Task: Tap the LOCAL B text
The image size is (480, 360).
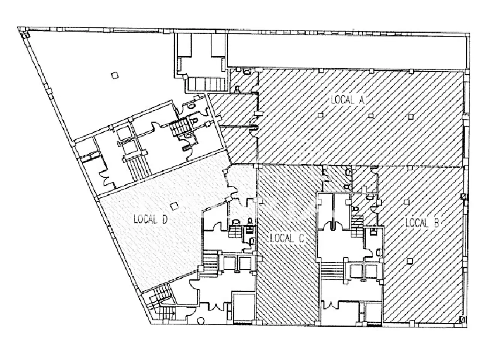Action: pyautogui.click(x=422, y=223)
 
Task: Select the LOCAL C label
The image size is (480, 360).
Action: pyautogui.click(x=287, y=238)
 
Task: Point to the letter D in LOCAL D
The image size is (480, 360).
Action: pyautogui.click(x=165, y=219)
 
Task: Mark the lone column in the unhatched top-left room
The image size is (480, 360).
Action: pyautogui.click(x=115, y=76)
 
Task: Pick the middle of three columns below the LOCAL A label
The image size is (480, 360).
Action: pyautogui.click(x=371, y=115)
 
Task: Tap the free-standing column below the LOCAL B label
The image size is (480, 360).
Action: pyautogui.click(x=409, y=261)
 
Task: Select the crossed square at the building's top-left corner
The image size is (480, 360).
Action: pyautogui.click(x=26, y=34)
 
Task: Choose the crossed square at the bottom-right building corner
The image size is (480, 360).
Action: pyautogui.click(x=462, y=320)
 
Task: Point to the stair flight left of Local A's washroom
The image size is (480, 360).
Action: pyautogui.click(x=206, y=84)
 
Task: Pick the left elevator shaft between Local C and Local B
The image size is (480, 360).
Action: pyautogui.click(x=356, y=271)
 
